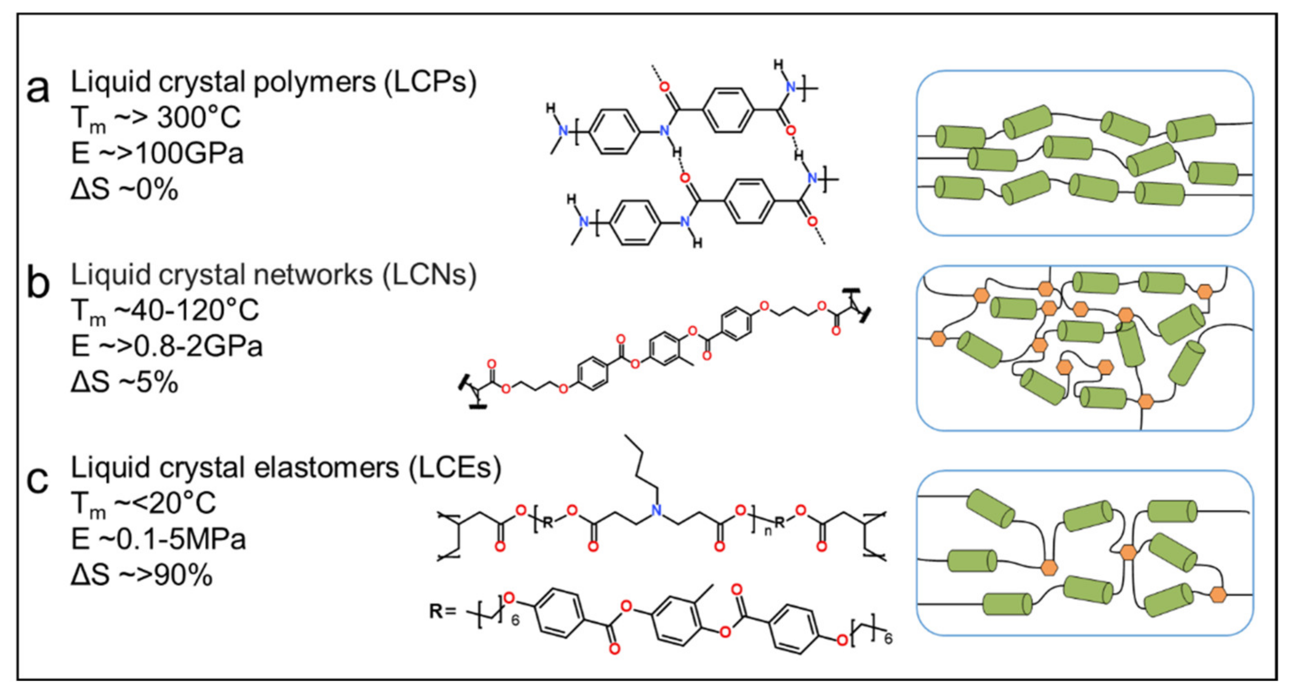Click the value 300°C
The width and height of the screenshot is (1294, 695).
coord(199,117)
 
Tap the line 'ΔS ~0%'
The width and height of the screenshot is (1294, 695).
coord(125,190)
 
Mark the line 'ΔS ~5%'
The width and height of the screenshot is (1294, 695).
coord(125,382)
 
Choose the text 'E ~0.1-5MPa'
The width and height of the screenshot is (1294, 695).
coord(158,539)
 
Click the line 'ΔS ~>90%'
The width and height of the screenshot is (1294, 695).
coord(141,575)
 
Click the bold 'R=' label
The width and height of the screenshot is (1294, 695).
coord(442,611)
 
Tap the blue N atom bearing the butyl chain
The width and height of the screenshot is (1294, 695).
coord(657,510)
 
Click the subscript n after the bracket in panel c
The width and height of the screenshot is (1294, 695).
coord(768,531)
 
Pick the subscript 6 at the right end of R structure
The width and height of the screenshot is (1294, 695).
coord(888,639)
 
